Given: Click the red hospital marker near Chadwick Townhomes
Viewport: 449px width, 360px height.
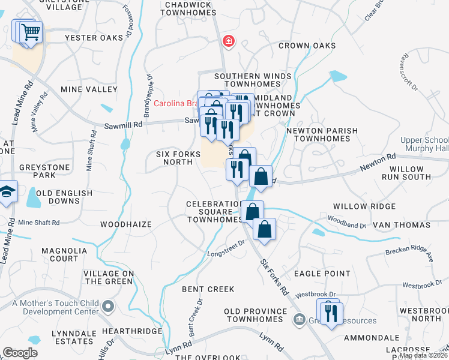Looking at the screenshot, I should [228, 41].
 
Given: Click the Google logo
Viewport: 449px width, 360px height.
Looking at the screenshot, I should [20, 353].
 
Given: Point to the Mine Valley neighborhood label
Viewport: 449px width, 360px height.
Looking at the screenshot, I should [89, 89].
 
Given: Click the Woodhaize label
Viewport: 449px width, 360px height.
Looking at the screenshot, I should [125, 224].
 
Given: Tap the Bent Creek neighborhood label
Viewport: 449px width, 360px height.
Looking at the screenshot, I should [208, 289].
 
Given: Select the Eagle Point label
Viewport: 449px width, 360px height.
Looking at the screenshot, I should [322, 274].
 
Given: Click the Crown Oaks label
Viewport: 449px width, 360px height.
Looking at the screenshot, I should [307, 46].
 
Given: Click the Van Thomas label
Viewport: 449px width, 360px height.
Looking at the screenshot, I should [402, 225].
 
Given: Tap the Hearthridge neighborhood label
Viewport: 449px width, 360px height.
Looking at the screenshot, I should [132, 331].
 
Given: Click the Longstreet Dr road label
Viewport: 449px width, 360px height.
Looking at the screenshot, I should [227, 248].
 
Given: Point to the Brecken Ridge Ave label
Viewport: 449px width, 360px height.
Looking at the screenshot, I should [409, 252].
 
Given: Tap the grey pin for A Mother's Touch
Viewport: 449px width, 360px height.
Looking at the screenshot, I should [108, 307].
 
